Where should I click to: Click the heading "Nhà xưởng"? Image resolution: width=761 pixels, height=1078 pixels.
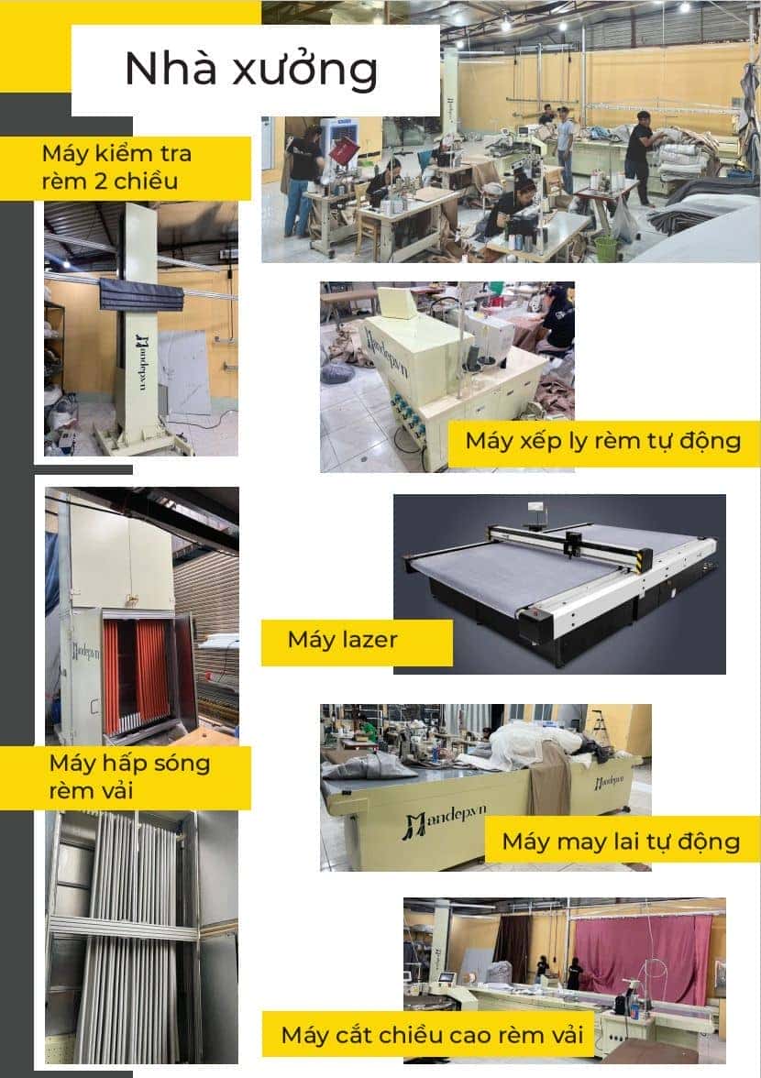pyautogui.click(x=251, y=70)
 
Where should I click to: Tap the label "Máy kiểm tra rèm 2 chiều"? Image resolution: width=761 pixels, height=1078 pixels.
pyautogui.click(x=116, y=167)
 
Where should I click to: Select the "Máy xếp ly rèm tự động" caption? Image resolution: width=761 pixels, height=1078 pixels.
pyautogui.click(x=603, y=441)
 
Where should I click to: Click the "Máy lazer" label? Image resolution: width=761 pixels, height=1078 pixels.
pyautogui.click(x=342, y=640)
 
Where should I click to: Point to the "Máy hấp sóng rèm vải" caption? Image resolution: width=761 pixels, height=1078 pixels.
pyautogui.click(x=129, y=777)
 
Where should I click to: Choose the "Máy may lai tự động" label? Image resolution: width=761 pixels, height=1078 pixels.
pyautogui.click(x=621, y=841)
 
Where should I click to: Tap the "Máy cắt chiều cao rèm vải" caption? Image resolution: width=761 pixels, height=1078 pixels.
pyautogui.click(x=432, y=1035)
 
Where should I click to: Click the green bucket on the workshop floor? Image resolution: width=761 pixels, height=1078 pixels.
pyautogui.click(x=606, y=248)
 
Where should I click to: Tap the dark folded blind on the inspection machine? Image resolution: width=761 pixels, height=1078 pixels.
pyautogui.click(x=141, y=296)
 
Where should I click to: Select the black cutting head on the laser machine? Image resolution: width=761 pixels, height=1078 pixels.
pyautogui.click(x=573, y=540)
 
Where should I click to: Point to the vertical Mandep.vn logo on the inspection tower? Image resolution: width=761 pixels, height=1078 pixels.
pyautogui.click(x=142, y=362)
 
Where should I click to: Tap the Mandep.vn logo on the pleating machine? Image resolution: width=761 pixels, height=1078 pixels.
pyautogui.click(x=387, y=353)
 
